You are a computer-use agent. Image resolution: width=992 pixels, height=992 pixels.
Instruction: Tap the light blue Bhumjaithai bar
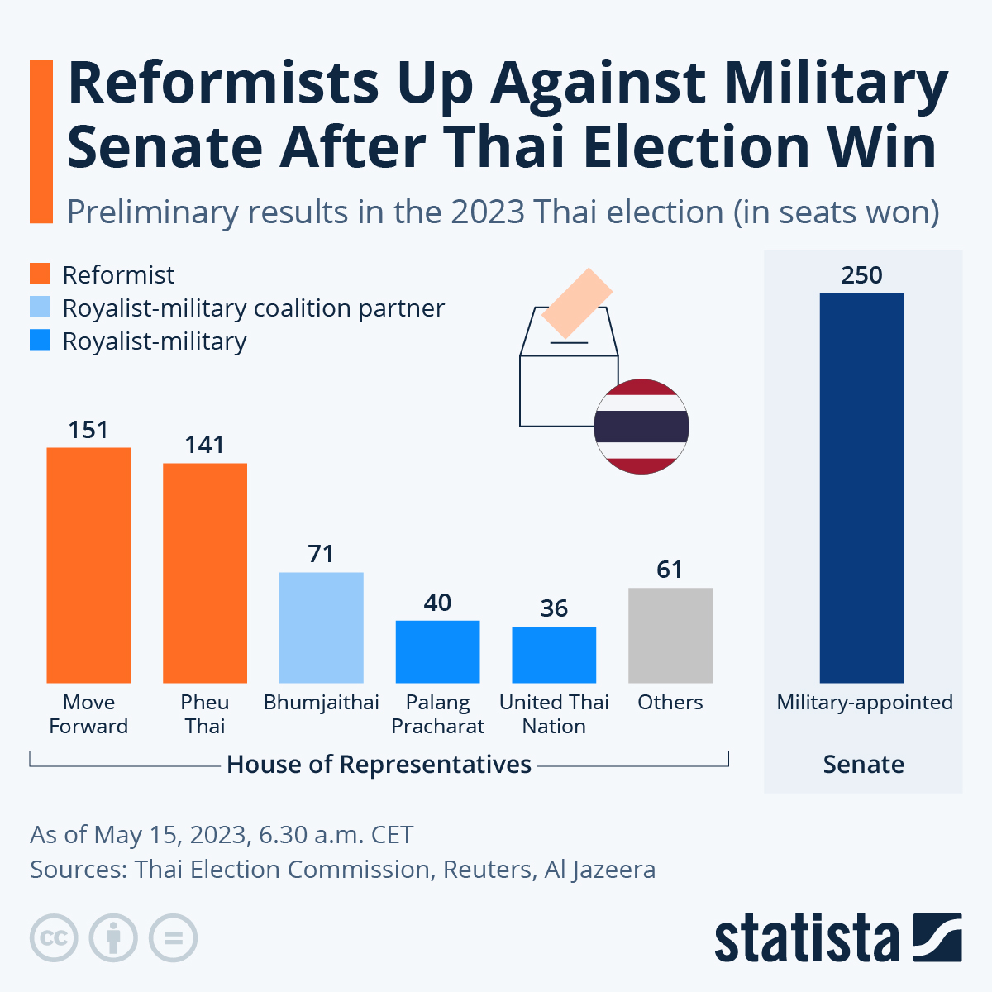(x=322, y=627)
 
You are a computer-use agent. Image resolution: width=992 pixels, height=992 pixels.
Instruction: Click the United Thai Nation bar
(x=554, y=655)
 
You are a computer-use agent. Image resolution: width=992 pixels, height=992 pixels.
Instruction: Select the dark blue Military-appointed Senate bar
(x=861, y=488)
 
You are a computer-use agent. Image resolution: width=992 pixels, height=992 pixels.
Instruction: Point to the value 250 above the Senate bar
(x=861, y=275)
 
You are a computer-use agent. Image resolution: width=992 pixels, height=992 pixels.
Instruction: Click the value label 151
(x=88, y=430)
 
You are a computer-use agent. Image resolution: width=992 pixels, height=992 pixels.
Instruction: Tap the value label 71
(x=321, y=554)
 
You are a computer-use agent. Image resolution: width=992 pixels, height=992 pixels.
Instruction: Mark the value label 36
(x=554, y=608)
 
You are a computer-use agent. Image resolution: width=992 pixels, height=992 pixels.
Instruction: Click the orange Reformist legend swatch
(x=41, y=274)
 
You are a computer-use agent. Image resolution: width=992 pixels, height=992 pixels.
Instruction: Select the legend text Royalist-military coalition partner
(x=253, y=308)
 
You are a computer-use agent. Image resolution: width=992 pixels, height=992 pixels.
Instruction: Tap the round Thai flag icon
(x=641, y=427)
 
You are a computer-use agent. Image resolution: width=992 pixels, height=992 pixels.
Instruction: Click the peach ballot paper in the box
(x=577, y=303)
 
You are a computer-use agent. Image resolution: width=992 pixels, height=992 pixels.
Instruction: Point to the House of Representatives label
(x=379, y=765)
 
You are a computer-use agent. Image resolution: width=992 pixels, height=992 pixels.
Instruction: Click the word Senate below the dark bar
(x=863, y=765)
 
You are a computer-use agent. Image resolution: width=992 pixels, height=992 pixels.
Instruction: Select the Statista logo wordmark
(x=806, y=939)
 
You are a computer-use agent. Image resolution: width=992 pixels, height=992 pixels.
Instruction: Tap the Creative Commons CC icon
(x=54, y=938)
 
